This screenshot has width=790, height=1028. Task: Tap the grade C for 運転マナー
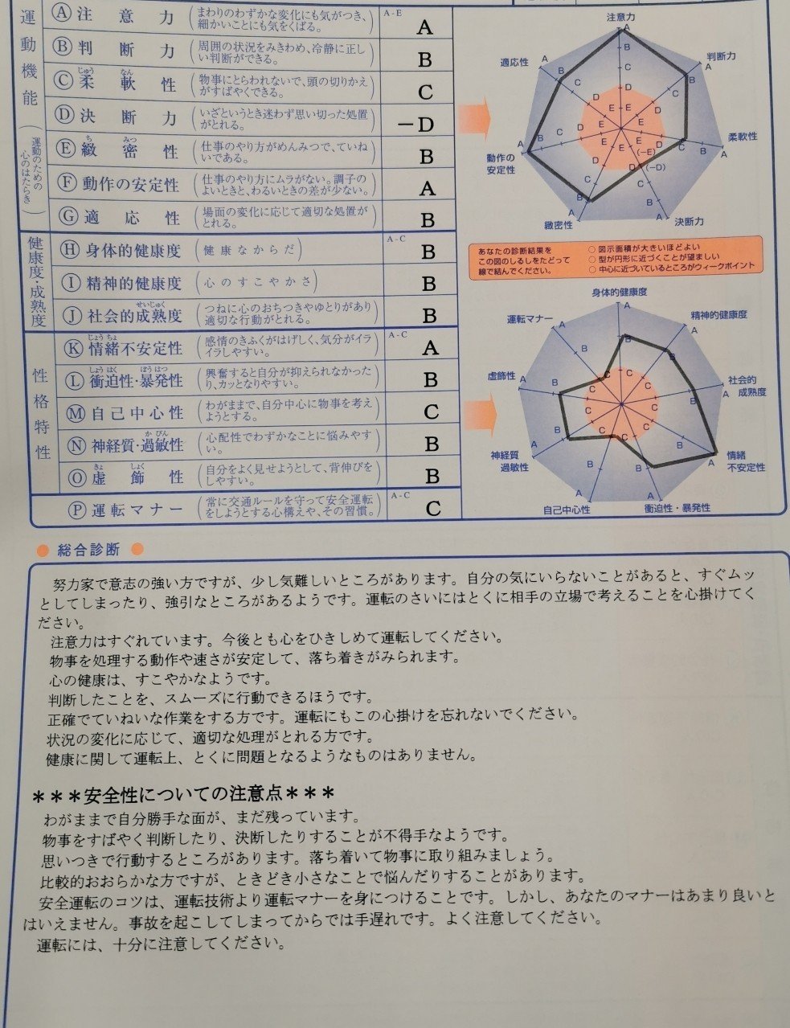(433, 508)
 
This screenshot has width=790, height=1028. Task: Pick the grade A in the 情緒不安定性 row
(430, 347)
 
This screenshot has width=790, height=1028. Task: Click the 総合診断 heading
(88, 550)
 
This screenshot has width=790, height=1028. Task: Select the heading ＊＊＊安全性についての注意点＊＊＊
(183, 795)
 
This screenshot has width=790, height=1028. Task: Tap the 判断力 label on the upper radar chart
(721, 56)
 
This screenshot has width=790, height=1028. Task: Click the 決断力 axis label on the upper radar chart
(690, 221)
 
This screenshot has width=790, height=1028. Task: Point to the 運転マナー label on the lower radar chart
(530, 320)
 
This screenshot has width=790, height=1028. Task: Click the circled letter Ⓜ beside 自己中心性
(76, 413)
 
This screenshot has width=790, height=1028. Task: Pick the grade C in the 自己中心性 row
(432, 412)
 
